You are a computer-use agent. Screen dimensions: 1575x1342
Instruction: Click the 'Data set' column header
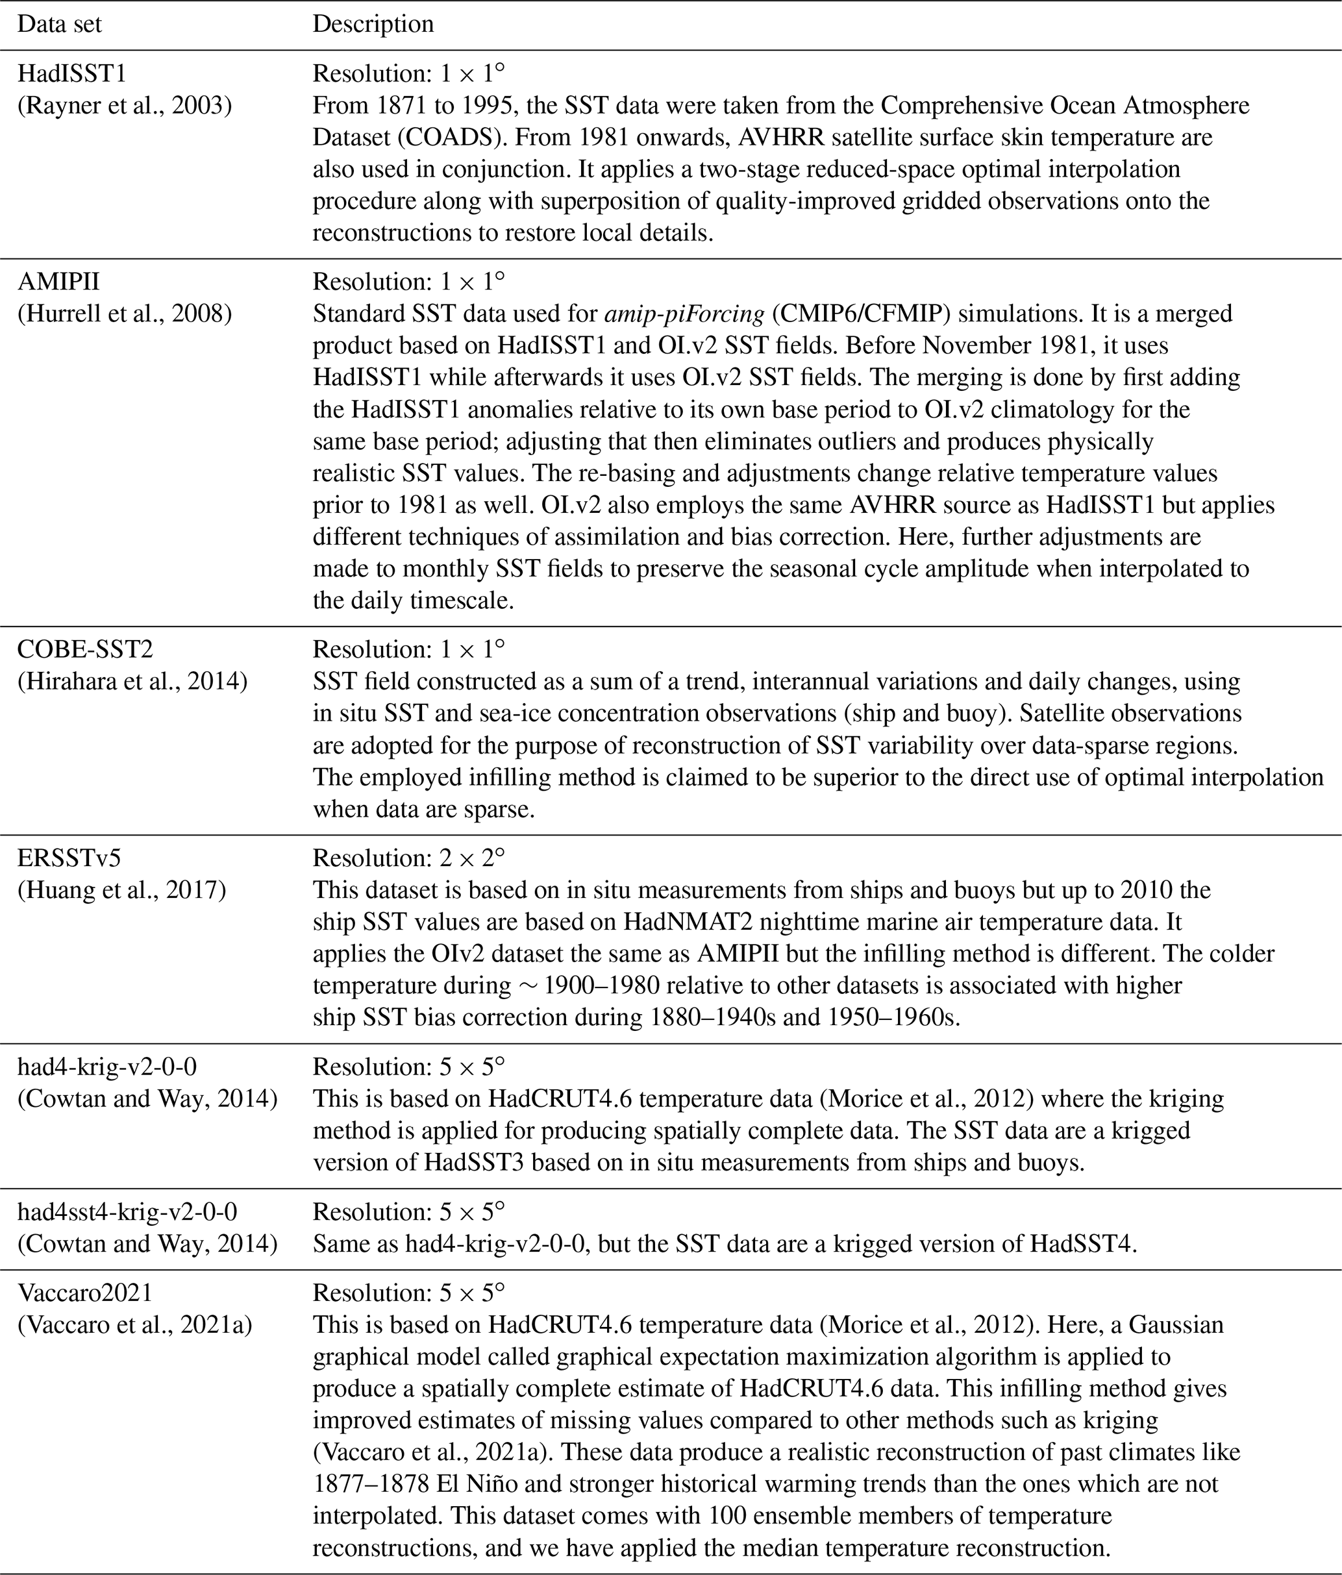coord(59,23)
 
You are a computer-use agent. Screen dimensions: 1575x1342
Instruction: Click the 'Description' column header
coord(373,23)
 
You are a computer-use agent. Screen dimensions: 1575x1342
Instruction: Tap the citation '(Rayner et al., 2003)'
coord(125,105)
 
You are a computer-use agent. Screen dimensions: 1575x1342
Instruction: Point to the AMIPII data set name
coord(58,281)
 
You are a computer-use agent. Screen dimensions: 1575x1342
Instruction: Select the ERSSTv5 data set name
coord(69,858)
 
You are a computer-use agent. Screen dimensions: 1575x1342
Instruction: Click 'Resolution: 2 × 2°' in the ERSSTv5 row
coord(408,858)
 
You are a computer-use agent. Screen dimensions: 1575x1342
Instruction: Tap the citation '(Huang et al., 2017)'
coord(121,889)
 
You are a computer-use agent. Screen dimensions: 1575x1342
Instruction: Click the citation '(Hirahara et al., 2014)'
coord(132,681)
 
